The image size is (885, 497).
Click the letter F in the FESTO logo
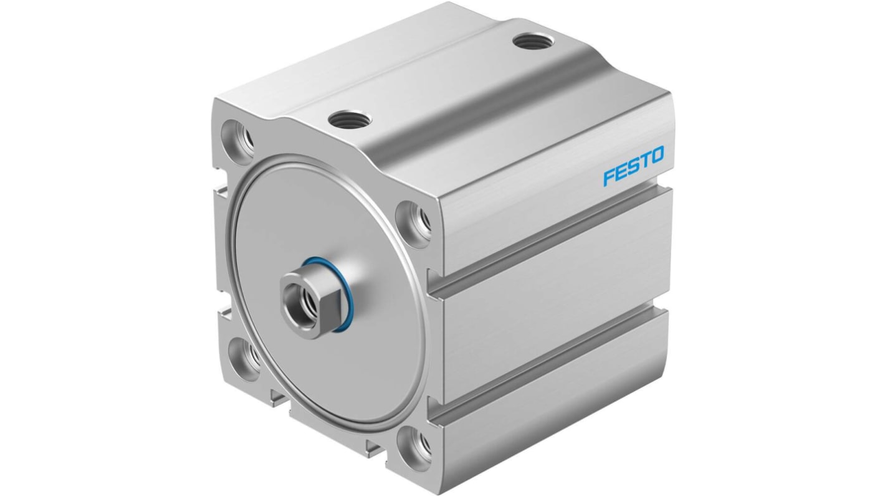[x=608, y=178]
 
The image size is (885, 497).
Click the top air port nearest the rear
[x=530, y=44]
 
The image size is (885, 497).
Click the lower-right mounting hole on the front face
[x=417, y=445]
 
